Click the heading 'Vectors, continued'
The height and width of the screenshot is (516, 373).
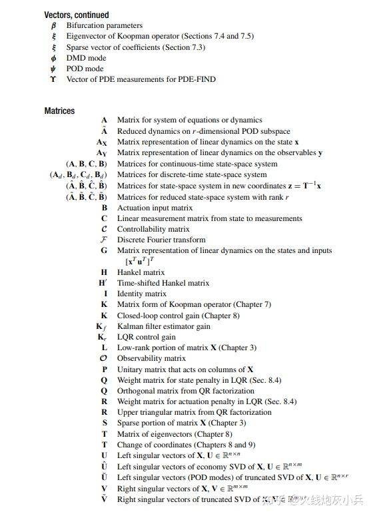point(77,15)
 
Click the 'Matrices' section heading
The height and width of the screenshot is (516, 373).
point(60,111)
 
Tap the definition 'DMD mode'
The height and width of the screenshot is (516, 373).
point(85,57)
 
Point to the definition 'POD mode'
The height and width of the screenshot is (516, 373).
point(85,68)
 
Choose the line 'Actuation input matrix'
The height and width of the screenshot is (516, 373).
point(155,208)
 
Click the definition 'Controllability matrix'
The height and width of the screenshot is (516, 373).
point(153,229)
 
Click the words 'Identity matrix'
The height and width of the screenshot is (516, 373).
point(142,294)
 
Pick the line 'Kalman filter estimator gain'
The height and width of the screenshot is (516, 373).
point(164,326)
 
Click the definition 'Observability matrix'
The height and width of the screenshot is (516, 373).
point(151,358)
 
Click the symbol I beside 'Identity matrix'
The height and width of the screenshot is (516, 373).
point(105,294)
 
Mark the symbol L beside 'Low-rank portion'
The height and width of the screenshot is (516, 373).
point(104,348)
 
